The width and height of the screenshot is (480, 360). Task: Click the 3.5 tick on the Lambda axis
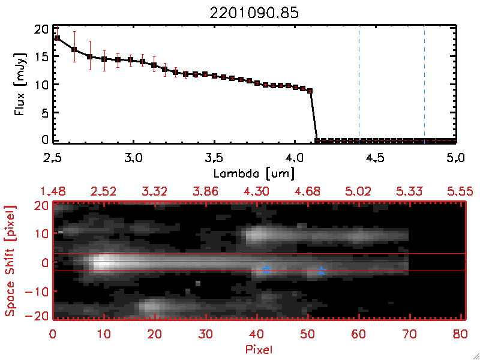(x=214, y=158)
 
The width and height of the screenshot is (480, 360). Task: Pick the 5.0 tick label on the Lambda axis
(x=457, y=158)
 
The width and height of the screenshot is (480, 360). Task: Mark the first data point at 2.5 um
(x=57, y=38)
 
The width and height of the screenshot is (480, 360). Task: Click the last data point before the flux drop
(x=310, y=91)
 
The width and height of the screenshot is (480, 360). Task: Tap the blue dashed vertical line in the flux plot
(x=359, y=84)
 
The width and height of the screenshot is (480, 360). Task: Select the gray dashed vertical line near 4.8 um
(x=424, y=84)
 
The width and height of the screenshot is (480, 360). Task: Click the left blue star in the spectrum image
(x=266, y=270)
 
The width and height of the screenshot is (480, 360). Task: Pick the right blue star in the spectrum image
(x=322, y=271)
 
